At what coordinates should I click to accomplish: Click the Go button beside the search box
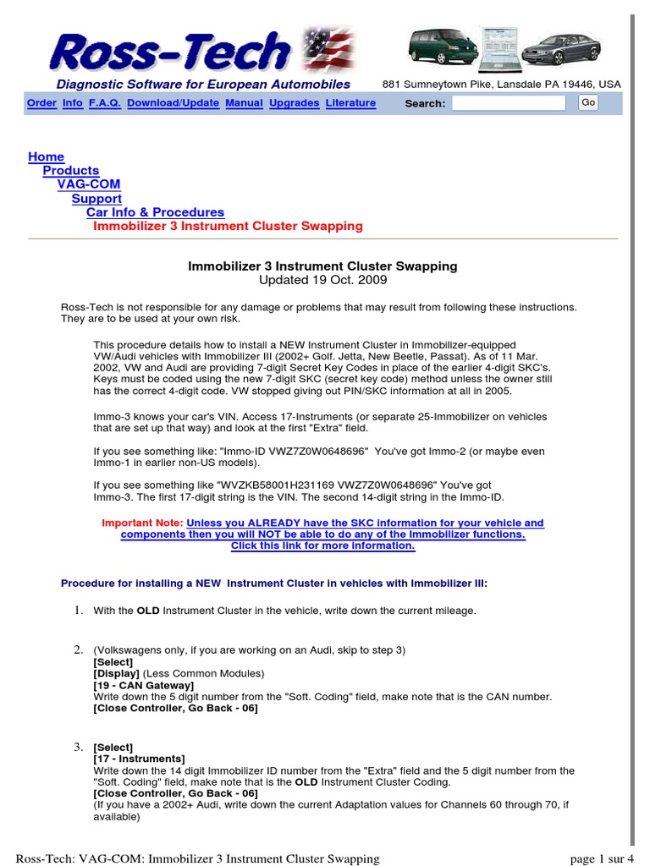[x=588, y=102]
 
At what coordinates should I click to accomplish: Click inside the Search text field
[x=509, y=103]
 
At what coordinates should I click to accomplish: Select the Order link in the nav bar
[x=41, y=103]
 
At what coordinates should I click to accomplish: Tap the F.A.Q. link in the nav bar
[x=105, y=103]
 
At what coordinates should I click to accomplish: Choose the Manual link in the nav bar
[x=244, y=103]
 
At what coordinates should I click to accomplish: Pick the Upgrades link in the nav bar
[x=295, y=103]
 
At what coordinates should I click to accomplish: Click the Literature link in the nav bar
[x=350, y=103]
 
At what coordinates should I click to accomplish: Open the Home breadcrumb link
[x=46, y=156]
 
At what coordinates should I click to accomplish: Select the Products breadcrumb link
[x=71, y=171]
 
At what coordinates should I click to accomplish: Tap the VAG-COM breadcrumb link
[x=89, y=184]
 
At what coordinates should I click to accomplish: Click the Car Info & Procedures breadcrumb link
[x=155, y=212]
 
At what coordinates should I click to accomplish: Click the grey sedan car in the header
[x=555, y=50]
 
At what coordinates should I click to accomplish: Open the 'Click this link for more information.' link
[x=323, y=545]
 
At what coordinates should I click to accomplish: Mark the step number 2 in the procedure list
[x=78, y=649]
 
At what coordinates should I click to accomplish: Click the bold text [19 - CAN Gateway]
[x=143, y=685]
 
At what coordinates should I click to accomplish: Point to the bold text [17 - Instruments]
[x=139, y=759]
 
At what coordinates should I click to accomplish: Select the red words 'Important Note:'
[x=141, y=523]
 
